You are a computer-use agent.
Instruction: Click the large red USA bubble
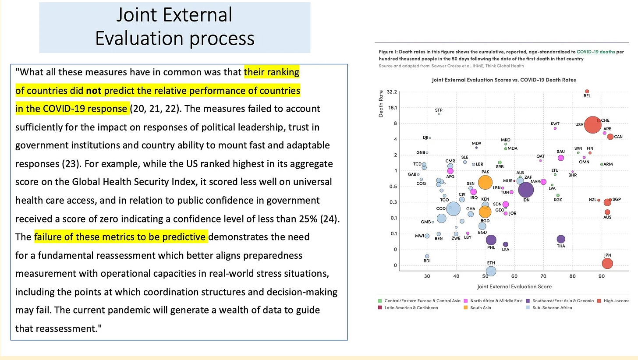[592, 124]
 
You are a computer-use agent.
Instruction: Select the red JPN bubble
[607, 263]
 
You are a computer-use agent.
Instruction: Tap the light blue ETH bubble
[491, 271]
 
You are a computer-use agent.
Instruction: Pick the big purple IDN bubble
[526, 190]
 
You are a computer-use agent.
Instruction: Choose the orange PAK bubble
[485, 183]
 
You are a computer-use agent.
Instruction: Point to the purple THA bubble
[561, 239]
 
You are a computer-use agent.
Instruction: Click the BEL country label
[587, 96]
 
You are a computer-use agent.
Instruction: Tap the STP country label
[439, 109]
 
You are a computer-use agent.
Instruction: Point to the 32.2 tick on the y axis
[392, 92]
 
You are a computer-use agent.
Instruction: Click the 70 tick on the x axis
[543, 276]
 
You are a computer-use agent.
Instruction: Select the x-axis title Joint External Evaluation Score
[514, 286]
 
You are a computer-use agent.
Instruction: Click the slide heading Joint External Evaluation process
[174, 27]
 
